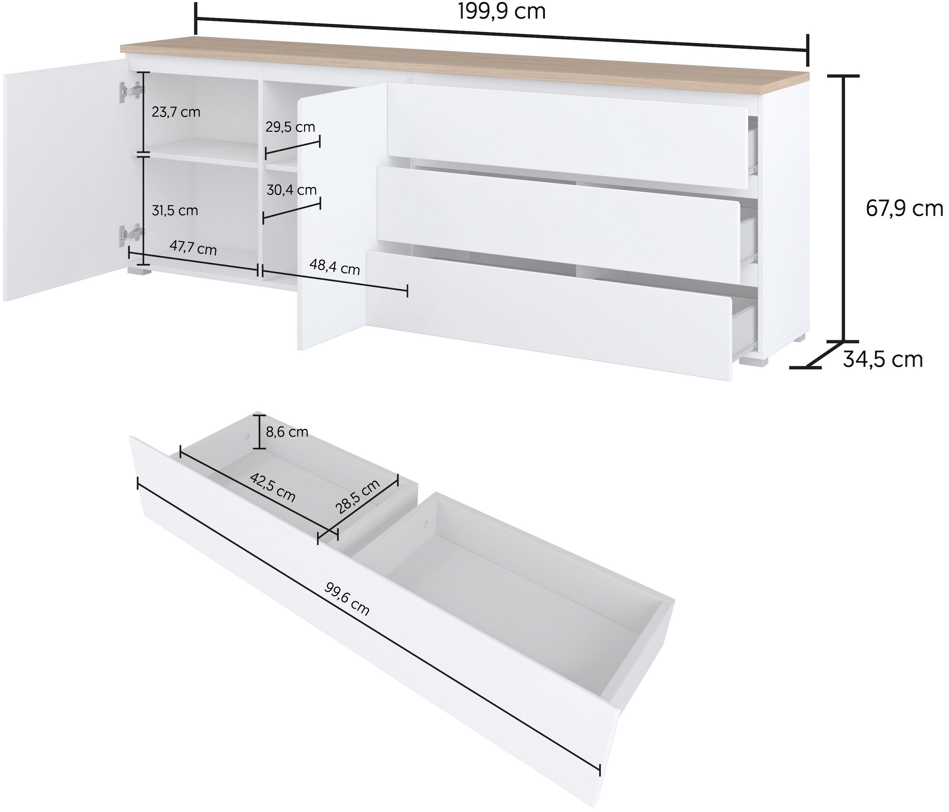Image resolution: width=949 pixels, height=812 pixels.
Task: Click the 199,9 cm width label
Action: pos(502,11)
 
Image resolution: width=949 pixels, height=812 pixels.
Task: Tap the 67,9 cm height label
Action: pos(904,209)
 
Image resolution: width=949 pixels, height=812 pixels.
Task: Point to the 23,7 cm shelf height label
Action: pos(176,112)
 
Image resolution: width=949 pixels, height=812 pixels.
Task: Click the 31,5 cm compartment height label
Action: pos(175,211)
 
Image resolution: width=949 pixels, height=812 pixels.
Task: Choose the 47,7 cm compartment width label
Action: pos(193,248)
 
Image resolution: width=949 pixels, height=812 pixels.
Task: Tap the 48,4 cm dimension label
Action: pos(335,266)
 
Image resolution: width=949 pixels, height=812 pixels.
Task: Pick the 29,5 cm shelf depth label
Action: pos(290,127)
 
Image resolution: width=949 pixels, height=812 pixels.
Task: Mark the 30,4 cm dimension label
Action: pos(291,190)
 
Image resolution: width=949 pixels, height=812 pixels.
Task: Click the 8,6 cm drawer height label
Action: pos(287,432)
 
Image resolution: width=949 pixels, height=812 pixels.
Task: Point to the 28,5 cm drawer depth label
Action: pos(358,497)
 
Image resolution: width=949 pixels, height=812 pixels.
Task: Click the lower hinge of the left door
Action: pos(130,234)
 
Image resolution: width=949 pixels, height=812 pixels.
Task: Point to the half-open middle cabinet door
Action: pos(341,215)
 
